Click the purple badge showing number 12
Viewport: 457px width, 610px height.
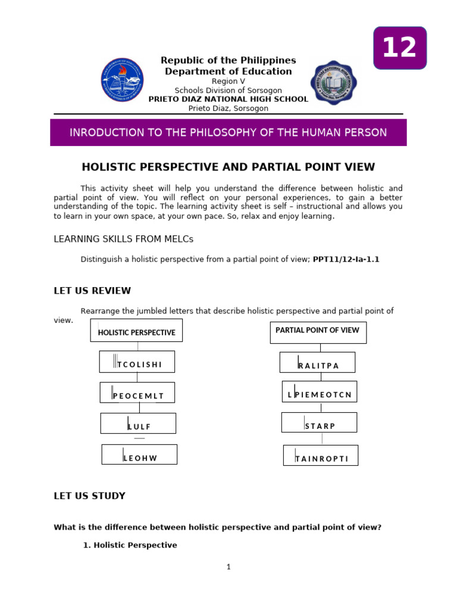tap(400, 48)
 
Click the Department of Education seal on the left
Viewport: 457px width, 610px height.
tap(122, 80)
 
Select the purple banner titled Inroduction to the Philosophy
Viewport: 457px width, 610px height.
tap(228, 132)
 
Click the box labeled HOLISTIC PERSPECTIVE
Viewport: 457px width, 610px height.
tap(136, 331)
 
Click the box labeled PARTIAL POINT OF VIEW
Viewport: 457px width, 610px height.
tap(318, 332)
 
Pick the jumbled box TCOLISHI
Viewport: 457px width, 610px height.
tap(137, 362)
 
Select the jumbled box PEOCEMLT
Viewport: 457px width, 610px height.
tap(137, 393)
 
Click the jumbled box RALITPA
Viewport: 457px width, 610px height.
tap(318, 363)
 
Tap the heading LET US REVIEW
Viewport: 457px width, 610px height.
tap(92, 291)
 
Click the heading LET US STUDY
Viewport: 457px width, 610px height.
tap(89, 496)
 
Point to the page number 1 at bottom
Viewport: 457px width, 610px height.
tap(228, 567)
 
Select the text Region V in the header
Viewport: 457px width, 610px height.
tap(228, 81)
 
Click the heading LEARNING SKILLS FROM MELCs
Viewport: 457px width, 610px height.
tap(124, 239)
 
